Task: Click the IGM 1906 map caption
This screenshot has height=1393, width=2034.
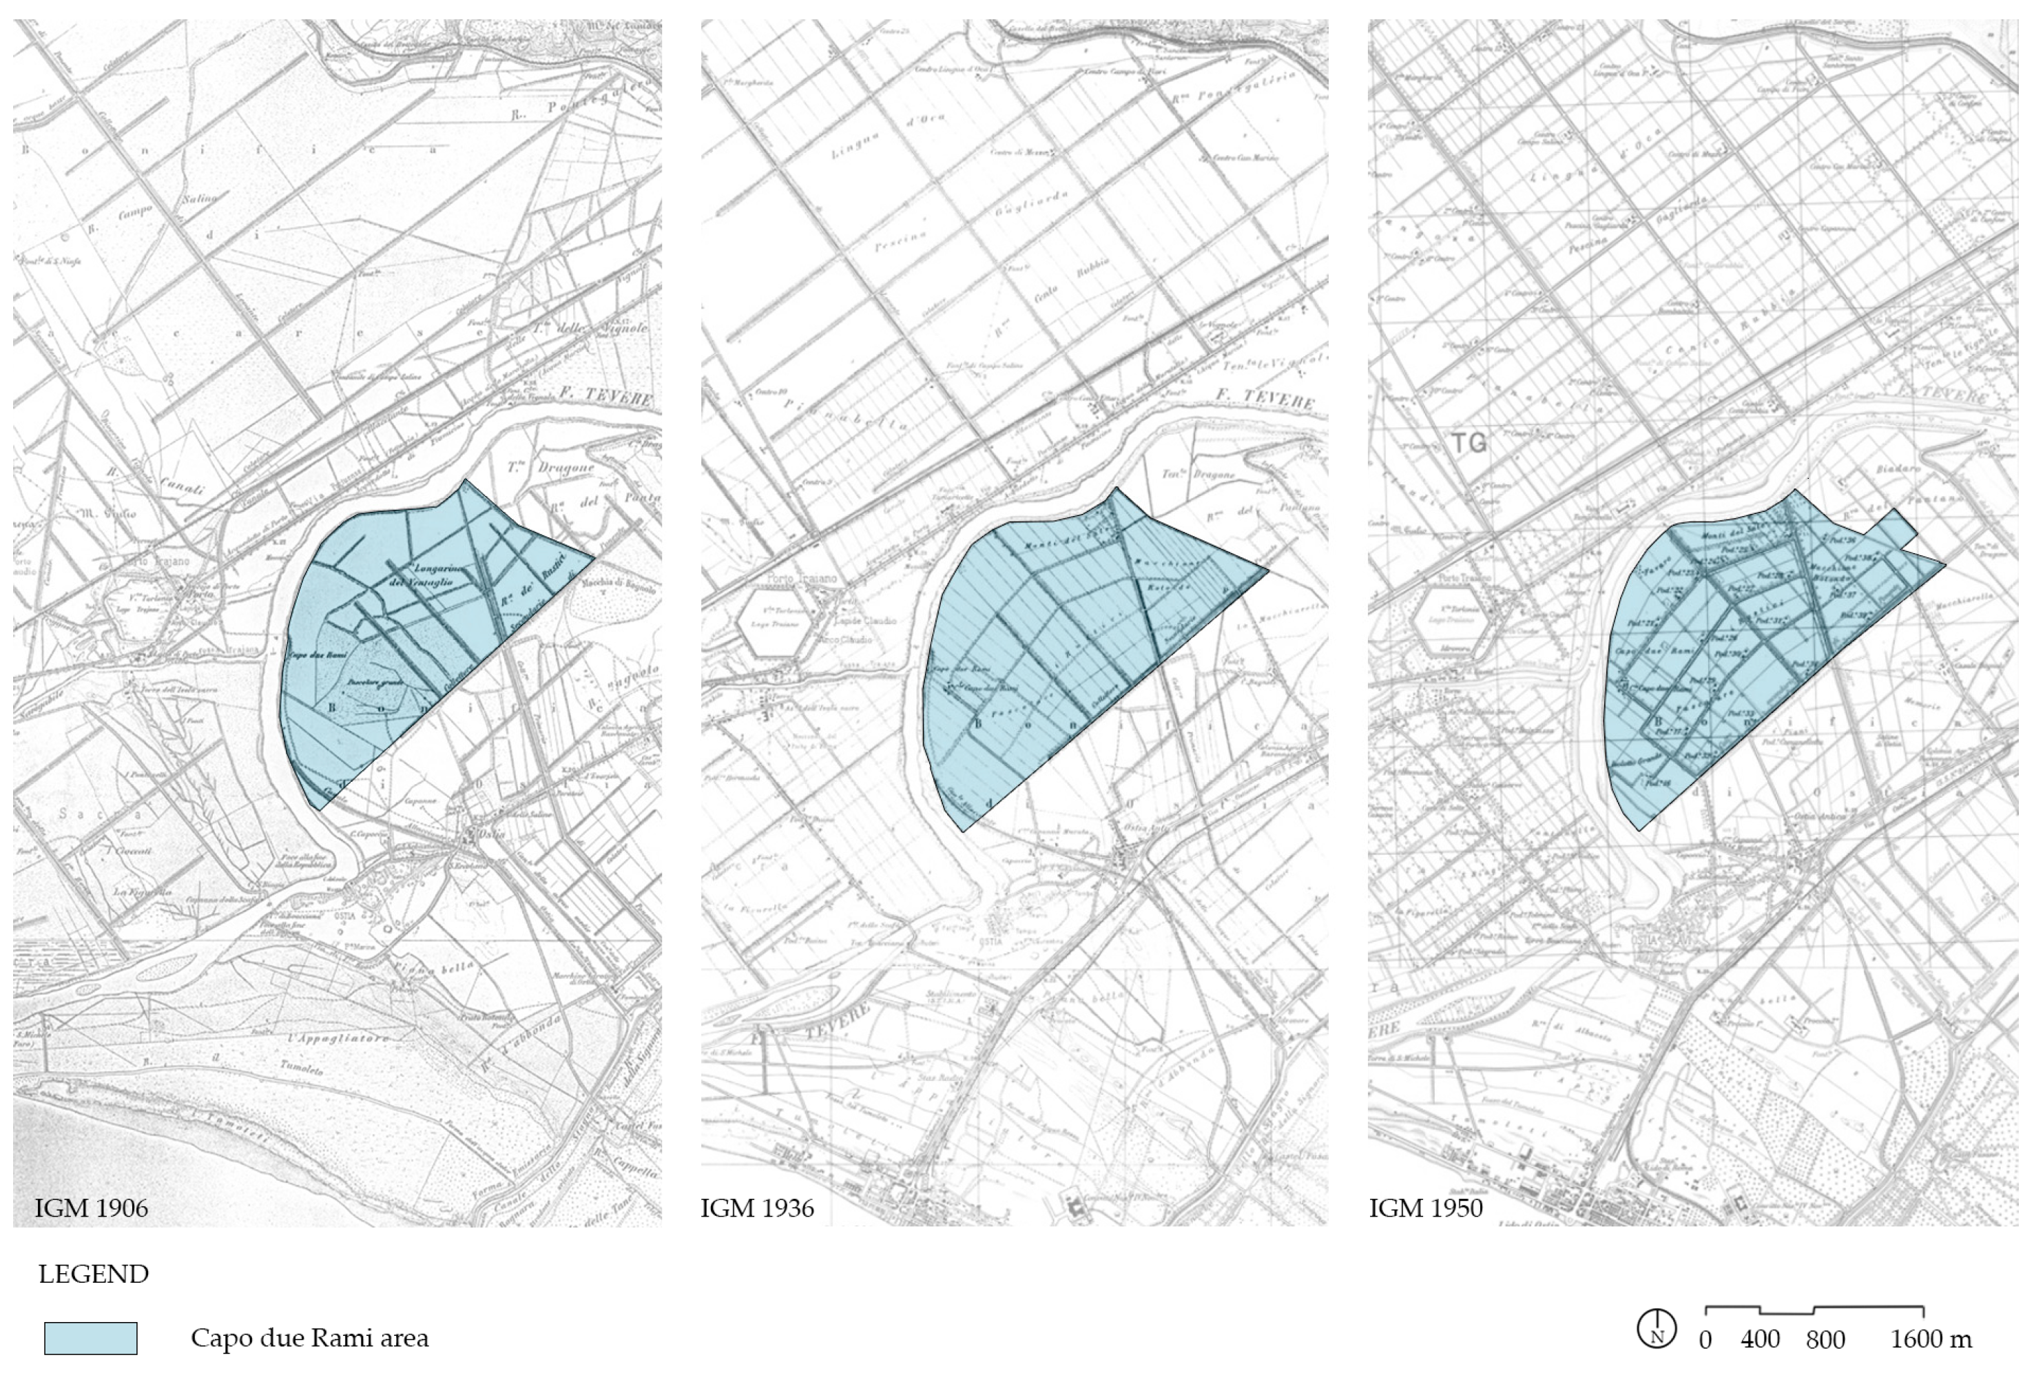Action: pyautogui.click(x=91, y=1209)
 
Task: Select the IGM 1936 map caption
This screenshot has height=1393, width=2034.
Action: pyautogui.click(x=757, y=1209)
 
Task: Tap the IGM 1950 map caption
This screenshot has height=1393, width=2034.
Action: pyautogui.click(x=1426, y=1209)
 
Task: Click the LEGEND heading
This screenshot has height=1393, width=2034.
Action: pyautogui.click(x=94, y=1274)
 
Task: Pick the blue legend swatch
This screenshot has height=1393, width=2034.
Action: pyautogui.click(x=91, y=1339)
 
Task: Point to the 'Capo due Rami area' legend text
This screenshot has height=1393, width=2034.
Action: pyautogui.click(x=310, y=1339)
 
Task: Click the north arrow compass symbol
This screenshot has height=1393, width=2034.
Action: pyautogui.click(x=1656, y=1329)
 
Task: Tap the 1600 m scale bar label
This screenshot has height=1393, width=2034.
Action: pyautogui.click(x=1931, y=1339)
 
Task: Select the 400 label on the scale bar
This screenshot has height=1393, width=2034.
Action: pyautogui.click(x=1760, y=1339)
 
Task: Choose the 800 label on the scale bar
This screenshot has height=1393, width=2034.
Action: pyautogui.click(x=1825, y=1339)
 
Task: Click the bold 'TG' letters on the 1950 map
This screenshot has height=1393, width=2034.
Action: pyautogui.click(x=1469, y=443)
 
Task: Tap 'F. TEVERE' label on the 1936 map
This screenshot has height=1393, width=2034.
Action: pyautogui.click(x=1265, y=400)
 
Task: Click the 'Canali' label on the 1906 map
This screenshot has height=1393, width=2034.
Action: pyautogui.click(x=181, y=486)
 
